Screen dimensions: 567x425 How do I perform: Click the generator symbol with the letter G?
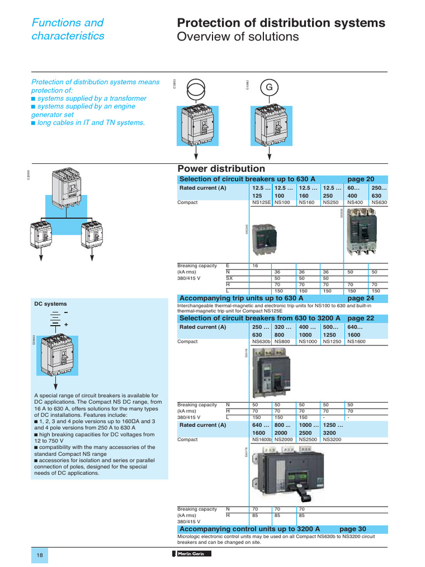269,87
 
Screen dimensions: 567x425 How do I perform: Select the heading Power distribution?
221,169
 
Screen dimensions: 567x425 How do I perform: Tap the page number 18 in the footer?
39,555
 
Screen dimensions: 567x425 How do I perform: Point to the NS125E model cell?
261,203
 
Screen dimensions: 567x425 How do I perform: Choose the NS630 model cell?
379,203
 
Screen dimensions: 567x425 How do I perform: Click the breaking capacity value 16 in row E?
256,266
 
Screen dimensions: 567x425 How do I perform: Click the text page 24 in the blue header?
361,298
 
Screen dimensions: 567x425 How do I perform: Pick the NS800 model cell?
282,342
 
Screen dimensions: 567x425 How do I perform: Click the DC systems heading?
50,304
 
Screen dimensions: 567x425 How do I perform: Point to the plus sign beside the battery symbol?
65,323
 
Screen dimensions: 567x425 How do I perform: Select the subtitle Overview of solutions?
237,37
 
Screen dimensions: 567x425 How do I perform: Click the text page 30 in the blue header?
353,529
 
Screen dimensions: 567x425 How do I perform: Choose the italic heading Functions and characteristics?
68,29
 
